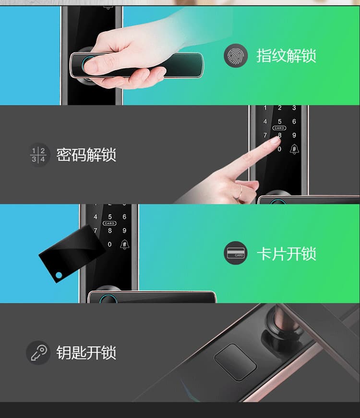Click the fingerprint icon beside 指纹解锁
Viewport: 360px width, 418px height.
click(x=235, y=56)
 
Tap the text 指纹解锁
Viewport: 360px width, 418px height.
click(x=286, y=56)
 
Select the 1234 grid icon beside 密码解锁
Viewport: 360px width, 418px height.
click(x=38, y=155)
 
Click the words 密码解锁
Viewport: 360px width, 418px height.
click(x=86, y=155)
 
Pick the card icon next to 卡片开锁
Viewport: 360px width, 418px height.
click(x=235, y=253)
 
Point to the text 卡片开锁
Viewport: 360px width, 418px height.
click(x=286, y=254)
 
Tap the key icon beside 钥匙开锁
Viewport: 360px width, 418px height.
click(x=38, y=353)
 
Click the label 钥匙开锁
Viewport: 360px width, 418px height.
click(x=86, y=353)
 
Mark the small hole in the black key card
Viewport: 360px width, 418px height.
click(x=59, y=275)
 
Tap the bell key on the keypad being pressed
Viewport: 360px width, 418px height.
click(x=294, y=149)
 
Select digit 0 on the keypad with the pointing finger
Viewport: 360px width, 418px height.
click(x=279, y=149)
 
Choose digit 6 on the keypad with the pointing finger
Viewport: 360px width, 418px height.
click(x=294, y=122)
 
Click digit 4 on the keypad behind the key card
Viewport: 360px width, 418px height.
click(x=95, y=217)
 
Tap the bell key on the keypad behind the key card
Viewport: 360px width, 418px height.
click(x=124, y=244)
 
